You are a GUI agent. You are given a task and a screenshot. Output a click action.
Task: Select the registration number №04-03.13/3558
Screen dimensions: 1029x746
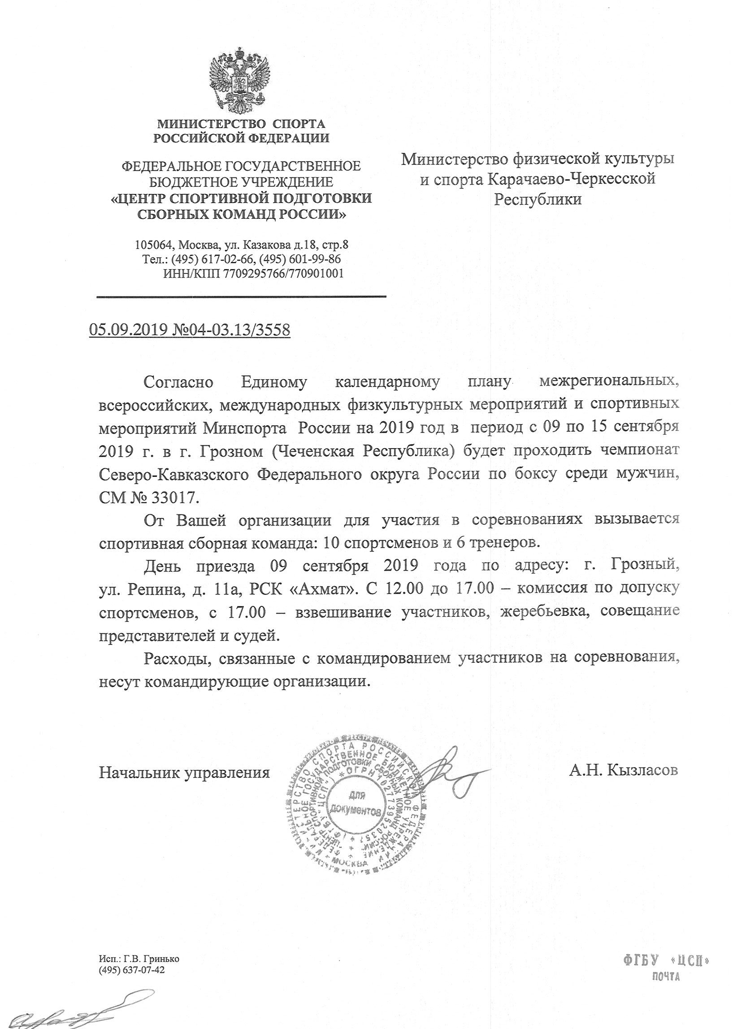230,330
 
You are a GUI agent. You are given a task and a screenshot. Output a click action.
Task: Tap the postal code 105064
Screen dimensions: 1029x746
154,246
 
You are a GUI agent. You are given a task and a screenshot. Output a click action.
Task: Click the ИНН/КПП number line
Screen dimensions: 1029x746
253,273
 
